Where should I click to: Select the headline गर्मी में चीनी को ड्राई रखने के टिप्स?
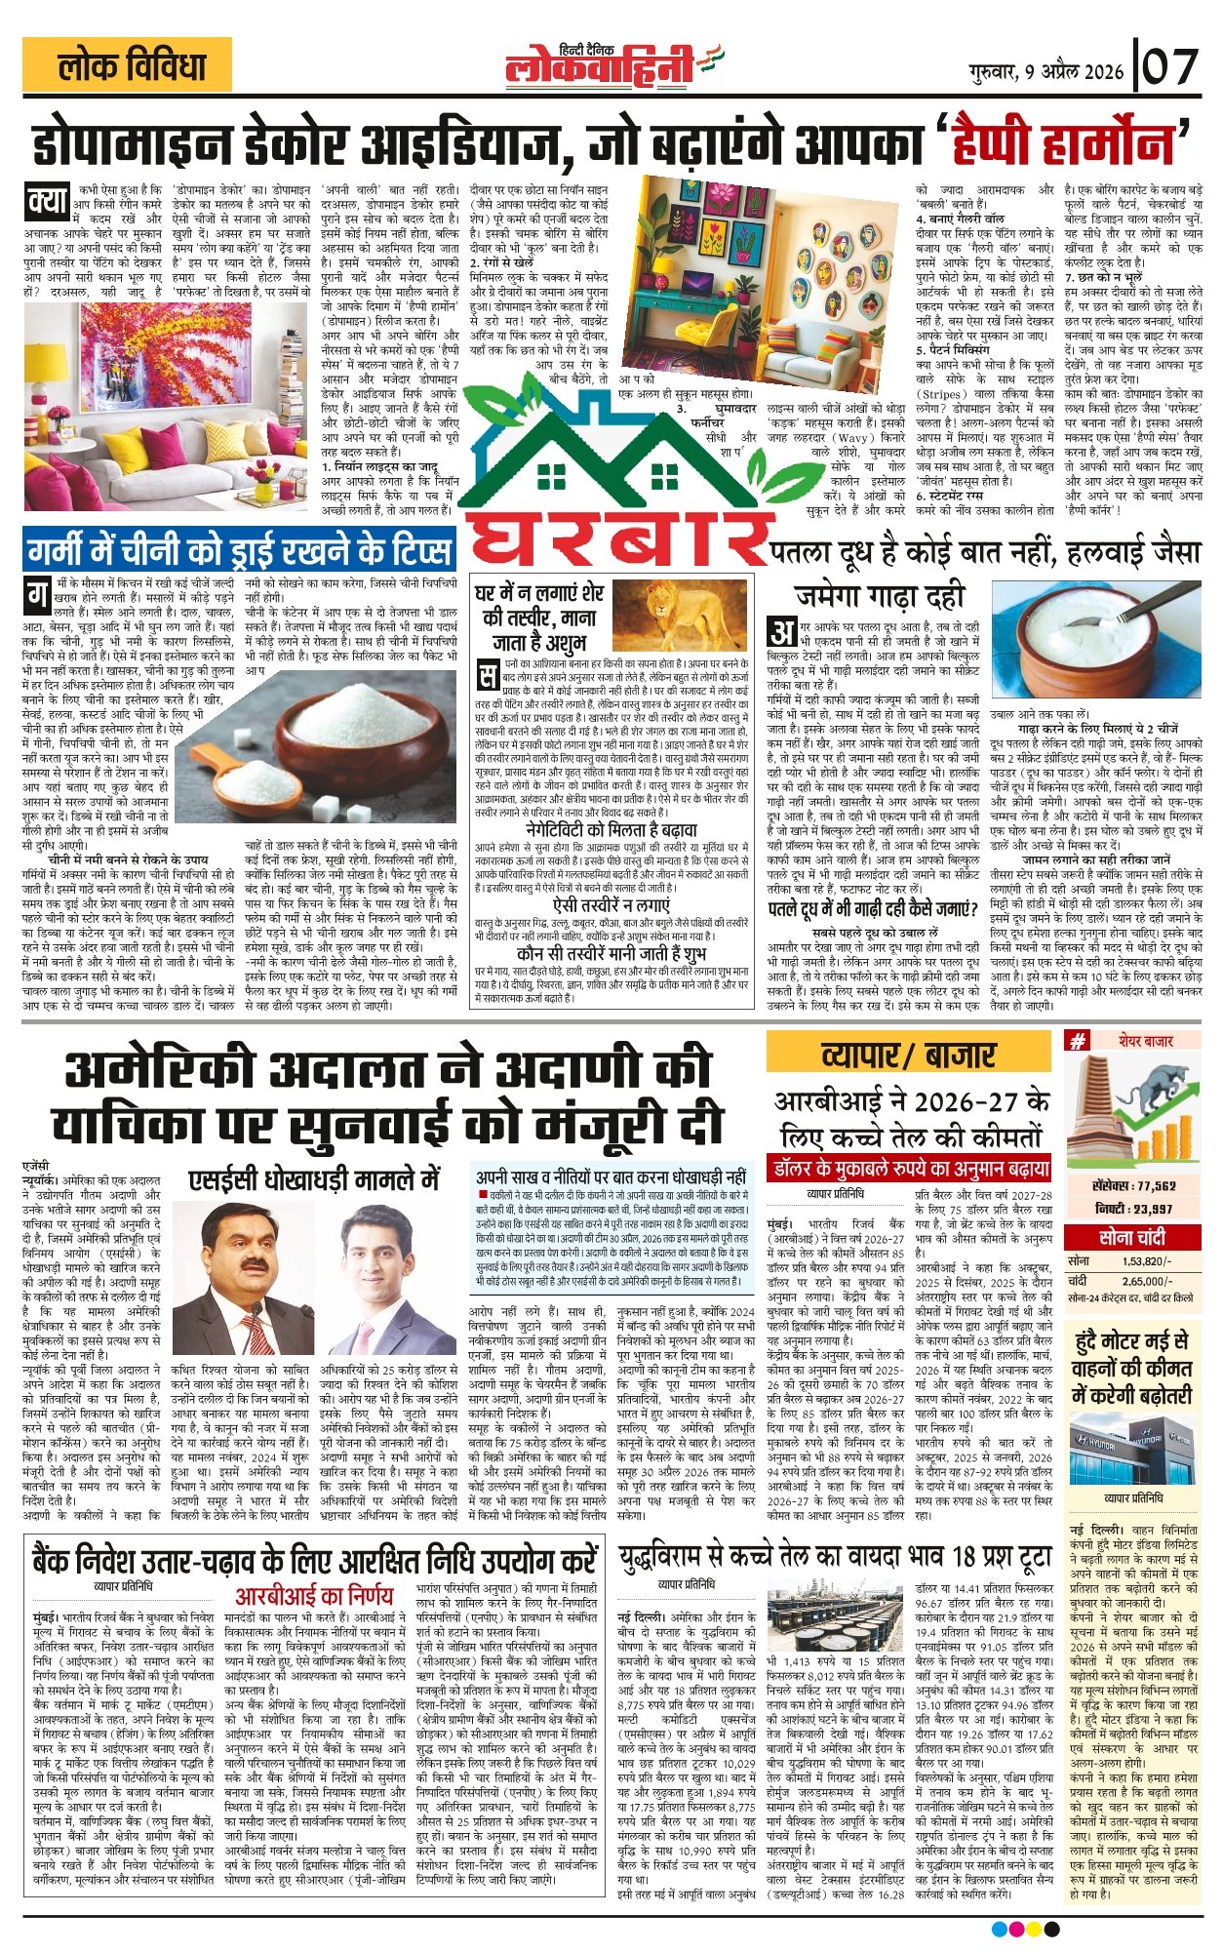pyautogui.click(x=239, y=551)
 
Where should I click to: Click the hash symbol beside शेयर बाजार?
pyautogui.click(x=1077, y=1041)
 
